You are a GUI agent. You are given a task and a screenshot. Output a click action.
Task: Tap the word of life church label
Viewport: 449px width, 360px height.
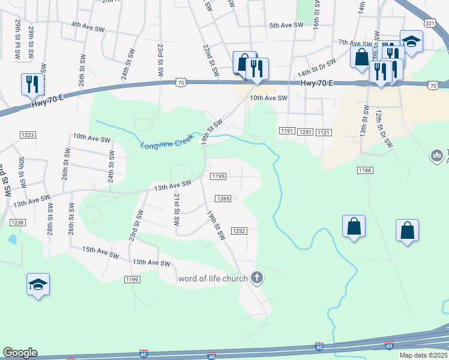click(x=212, y=278)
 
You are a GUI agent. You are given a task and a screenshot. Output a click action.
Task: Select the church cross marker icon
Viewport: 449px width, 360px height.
click(x=257, y=278)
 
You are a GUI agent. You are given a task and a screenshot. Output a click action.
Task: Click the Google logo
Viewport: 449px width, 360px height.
click(x=20, y=353)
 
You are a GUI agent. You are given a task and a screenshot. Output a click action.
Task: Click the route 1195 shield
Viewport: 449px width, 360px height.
click(x=218, y=176)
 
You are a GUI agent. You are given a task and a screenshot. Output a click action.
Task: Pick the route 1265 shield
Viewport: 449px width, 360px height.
click(x=223, y=199)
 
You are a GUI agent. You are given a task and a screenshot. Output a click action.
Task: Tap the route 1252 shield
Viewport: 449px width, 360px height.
click(x=239, y=230)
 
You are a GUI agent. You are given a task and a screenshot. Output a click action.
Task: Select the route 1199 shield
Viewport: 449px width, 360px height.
click(x=132, y=280)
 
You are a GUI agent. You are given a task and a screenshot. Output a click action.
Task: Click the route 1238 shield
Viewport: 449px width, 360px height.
click(x=17, y=222)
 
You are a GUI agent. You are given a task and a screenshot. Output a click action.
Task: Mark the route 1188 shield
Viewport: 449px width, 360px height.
click(x=365, y=170)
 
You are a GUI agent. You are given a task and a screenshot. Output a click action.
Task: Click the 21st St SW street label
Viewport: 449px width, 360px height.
click(x=176, y=209)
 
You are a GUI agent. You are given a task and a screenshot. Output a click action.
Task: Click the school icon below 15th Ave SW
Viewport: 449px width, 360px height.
click(x=38, y=284)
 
